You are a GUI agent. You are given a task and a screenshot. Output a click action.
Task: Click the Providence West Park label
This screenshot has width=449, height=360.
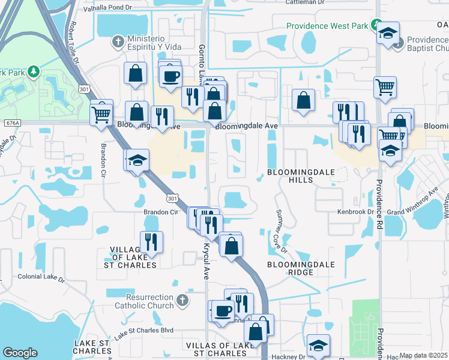[327, 26]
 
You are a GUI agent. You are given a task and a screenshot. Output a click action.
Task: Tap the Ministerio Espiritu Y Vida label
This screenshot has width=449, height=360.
[161, 43]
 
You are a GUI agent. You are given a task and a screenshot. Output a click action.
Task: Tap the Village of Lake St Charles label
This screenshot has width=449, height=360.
[133, 256]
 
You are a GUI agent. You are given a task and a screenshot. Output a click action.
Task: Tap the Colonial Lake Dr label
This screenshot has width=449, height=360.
[41, 277]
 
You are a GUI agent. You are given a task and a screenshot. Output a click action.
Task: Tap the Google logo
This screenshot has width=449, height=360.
[20, 352]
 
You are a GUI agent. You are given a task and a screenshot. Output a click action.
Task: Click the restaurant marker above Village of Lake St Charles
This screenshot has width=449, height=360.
[151, 242]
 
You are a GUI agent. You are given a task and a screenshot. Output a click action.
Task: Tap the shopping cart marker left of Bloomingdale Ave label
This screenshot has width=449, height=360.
[102, 112]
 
